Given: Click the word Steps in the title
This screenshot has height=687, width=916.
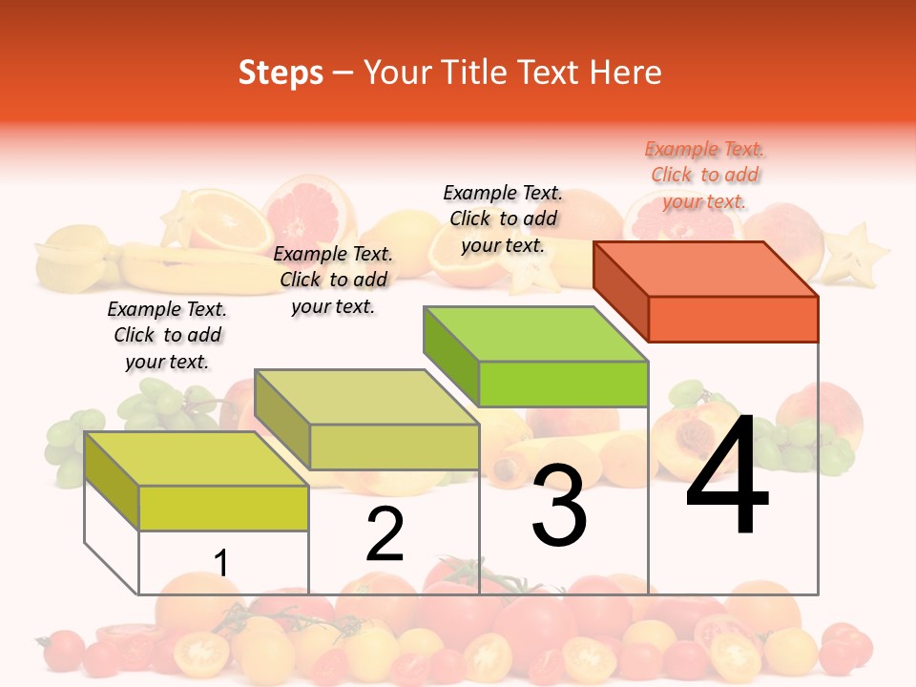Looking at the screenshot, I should (x=281, y=73).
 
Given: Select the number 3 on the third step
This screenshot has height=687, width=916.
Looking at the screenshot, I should (x=558, y=506).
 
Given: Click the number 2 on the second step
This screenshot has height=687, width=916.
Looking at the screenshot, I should (x=385, y=534).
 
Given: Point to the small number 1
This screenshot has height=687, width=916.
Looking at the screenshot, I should (x=221, y=563).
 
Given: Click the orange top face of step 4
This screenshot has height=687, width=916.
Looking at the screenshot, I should (x=706, y=269).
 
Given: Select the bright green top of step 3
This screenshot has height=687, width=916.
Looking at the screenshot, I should (x=536, y=334).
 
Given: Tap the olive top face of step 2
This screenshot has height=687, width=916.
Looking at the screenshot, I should (x=367, y=397).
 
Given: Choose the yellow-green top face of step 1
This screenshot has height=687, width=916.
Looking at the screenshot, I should (x=197, y=459).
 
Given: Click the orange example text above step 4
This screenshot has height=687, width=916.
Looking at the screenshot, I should (x=705, y=175).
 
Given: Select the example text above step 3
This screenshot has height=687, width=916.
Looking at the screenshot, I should (x=503, y=219).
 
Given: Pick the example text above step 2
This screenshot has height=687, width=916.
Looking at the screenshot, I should (x=333, y=280).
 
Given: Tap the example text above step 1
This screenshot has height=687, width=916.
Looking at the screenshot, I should (x=167, y=335).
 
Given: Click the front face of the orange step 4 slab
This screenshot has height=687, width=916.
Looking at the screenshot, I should (x=733, y=319).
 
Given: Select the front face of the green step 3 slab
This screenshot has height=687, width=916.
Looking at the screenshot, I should (x=563, y=384).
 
